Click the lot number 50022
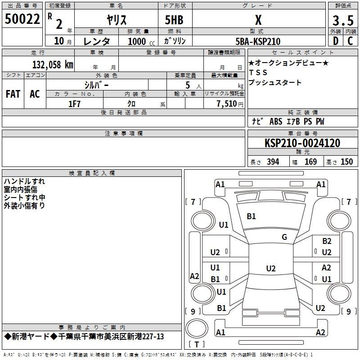click(22, 19)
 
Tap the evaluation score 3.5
click(343, 21)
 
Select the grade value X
click(258, 20)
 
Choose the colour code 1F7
click(74, 104)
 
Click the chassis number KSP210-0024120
click(302, 143)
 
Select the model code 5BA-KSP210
click(258, 41)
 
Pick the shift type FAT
click(13, 94)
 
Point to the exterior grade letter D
click(335, 41)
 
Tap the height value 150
click(346, 162)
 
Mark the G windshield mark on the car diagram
click(284, 237)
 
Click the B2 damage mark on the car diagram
click(327, 241)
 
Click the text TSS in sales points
click(258, 72)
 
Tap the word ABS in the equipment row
click(276, 121)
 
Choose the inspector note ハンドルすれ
click(24, 181)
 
